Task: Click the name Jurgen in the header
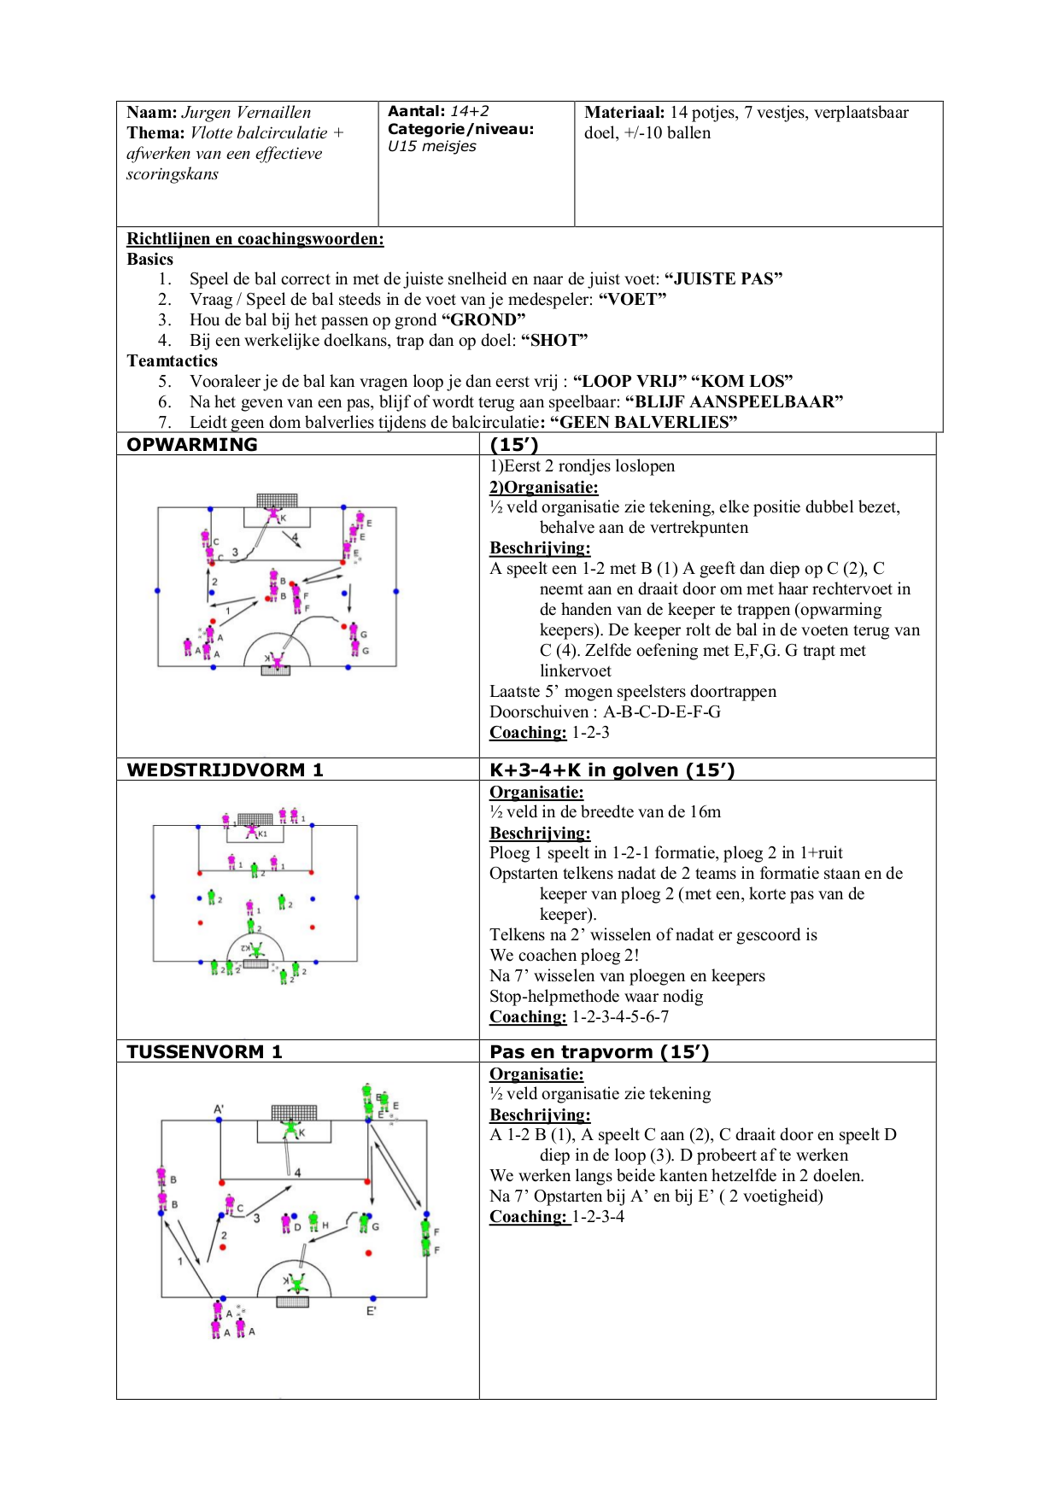(206, 113)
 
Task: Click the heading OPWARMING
(192, 445)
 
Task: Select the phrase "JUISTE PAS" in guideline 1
(723, 279)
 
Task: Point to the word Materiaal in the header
(624, 113)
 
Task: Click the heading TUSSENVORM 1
(204, 1052)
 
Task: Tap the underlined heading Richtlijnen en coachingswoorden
(255, 239)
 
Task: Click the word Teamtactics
(172, 361)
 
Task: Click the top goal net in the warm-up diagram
(277, 500)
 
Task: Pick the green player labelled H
(314, 1222)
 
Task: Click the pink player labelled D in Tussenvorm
(287, 1223)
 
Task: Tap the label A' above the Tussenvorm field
(219, 1109)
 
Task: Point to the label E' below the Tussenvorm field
(372, 1311)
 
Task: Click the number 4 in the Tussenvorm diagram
(297, 1173)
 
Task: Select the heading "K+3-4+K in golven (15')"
(612, 770)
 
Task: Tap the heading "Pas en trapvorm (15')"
(599, 1052)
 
